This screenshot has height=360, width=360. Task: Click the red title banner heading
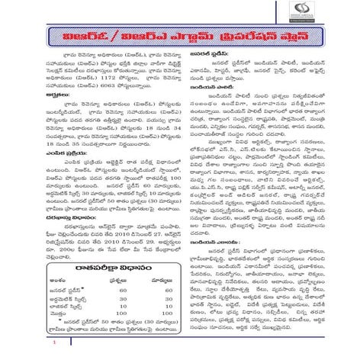(180, 40)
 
